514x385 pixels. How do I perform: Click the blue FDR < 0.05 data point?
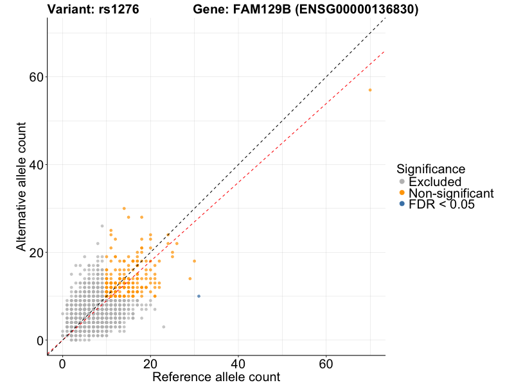(x=199, y=296)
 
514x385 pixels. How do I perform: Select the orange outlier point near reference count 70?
(x=370, y=90)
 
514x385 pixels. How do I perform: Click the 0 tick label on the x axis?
(x=62, y=363)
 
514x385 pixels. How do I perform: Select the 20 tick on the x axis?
(x=150, y=363)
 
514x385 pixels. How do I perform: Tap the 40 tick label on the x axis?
(x=238, y=363)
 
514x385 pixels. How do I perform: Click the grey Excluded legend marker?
(x=402, y=182)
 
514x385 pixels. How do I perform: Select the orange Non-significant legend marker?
(x=402, y=193)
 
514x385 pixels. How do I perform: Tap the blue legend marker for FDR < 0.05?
(x=402, y=203)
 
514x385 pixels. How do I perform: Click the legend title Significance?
(x=430, y=169)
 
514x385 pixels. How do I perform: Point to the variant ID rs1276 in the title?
(x=120, y=10)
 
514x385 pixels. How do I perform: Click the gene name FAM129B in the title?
(x=260, y=10)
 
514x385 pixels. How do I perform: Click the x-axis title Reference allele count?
(x=216, y=377)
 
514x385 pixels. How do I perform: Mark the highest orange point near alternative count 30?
(x=124, y=209)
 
